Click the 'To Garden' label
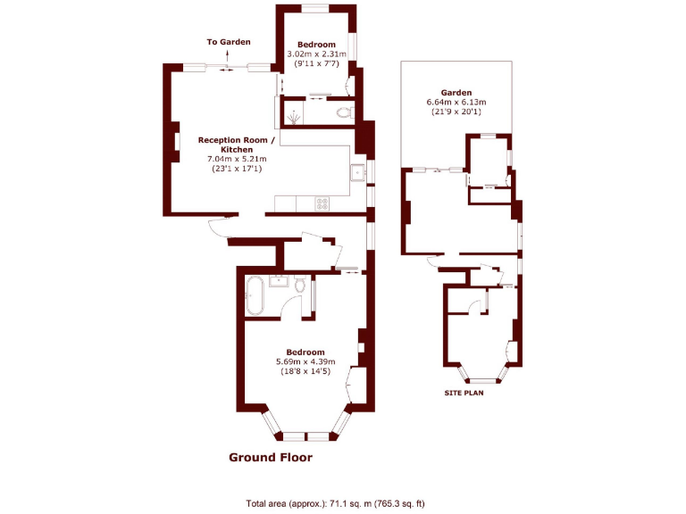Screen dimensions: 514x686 229,42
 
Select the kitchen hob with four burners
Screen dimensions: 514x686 322,203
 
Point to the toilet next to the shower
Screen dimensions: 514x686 345,112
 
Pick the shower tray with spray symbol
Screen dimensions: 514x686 293,113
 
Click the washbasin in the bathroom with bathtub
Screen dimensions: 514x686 278,284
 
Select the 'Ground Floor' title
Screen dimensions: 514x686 271,457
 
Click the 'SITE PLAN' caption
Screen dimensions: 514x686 464,393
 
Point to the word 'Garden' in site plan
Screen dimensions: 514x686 456,92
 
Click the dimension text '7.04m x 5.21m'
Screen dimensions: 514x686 236,159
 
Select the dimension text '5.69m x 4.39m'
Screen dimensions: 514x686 305,361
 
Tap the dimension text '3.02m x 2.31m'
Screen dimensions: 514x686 316,54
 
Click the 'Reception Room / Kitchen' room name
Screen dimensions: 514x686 236,145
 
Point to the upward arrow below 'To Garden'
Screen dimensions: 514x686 229,55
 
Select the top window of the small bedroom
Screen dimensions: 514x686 315,8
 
